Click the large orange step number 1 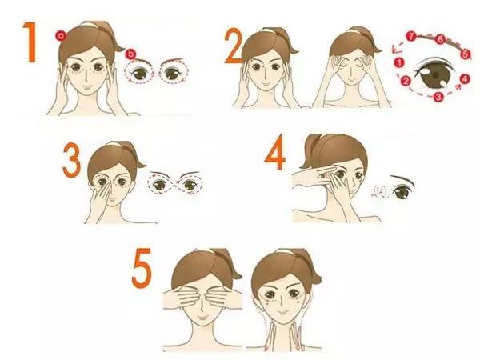31,42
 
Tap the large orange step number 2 234,46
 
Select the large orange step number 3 72,160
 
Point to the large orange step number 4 275,152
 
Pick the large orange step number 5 142,268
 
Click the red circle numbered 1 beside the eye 399,63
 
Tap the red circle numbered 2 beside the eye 406,81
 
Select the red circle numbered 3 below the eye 438,97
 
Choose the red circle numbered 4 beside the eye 465,79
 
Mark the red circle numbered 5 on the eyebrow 466,54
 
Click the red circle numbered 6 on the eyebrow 440,39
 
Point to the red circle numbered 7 411,37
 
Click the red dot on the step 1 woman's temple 61,36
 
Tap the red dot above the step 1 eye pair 131,54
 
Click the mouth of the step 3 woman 112,203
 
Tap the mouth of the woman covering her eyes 202,318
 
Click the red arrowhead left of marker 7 395,48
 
